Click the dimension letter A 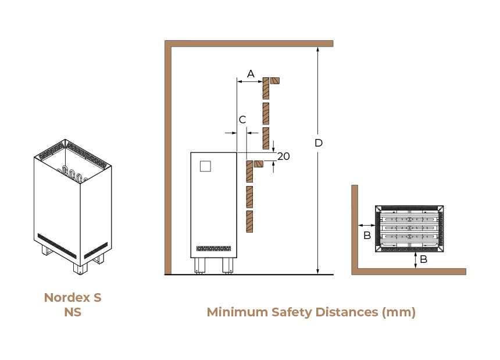click(251, 73)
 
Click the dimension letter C click(242, 120)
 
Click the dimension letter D click(318, 142)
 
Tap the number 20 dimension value click(283, 156)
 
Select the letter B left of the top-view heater click(367, 235)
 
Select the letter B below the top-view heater click(423, 259)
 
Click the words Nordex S click(73, 297)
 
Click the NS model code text click(73, 312)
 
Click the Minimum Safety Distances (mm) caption click(311, 312)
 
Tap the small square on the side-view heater click(205, 166)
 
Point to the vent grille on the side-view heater click(213, 248)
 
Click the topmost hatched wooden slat click(266, 88)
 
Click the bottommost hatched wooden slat click(249, 222)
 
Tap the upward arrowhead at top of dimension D click(318, 49)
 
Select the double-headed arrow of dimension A click(250, 82)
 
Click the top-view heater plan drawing click(409, 229)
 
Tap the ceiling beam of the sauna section click(249, 43)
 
